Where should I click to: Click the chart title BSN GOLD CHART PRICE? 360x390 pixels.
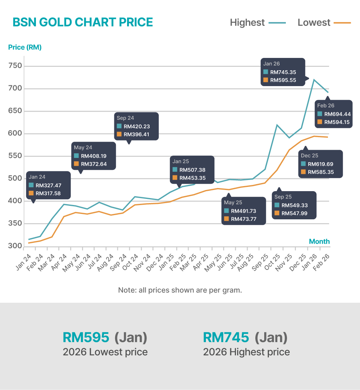(x=83, y=22)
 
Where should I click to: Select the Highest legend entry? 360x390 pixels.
(x=247, y=23)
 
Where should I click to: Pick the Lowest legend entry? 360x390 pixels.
(x=314, y=23)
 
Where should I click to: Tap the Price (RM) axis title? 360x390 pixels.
(x=25, y=47)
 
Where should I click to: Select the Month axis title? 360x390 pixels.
(x=319, y=242)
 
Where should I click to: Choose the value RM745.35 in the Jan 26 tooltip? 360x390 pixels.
(x=284, y=72)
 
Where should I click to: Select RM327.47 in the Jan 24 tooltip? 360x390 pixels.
(x=48, y=185)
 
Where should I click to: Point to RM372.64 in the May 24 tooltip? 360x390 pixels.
(x=93, y=164)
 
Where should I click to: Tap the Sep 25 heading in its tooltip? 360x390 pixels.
(x=283, y=197)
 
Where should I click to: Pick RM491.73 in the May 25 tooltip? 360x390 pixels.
(x=243, y=211)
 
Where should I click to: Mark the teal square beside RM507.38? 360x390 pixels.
(x=175, y=170)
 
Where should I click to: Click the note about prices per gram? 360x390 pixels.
(x=180, y=290)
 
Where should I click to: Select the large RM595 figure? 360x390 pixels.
(x=86, y=337)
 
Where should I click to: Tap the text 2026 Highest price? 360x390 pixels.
(x=246, y=352)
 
